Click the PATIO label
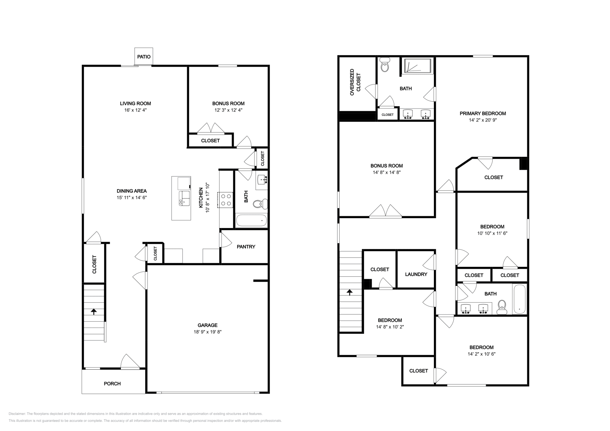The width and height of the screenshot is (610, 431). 144,57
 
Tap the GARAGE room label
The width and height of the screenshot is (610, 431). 207,325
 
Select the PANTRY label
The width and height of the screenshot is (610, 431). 246,247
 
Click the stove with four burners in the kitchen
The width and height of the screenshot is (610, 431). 226,200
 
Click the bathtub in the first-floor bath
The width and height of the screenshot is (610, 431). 252,221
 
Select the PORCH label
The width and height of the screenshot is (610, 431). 112,383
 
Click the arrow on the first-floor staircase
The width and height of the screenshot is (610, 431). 94,311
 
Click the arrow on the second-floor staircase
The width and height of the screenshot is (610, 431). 350,292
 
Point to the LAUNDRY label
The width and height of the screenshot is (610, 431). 416,274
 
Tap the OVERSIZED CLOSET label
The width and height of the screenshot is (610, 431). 355,82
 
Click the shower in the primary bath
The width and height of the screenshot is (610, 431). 418,66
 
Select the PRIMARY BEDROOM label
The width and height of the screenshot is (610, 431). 483,113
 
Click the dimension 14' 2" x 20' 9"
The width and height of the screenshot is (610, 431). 483,120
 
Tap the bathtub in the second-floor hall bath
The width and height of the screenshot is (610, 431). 519,299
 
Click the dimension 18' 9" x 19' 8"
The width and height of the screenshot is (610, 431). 207,332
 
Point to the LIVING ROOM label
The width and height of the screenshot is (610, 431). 135,103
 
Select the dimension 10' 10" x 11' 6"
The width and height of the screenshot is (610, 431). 492,233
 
